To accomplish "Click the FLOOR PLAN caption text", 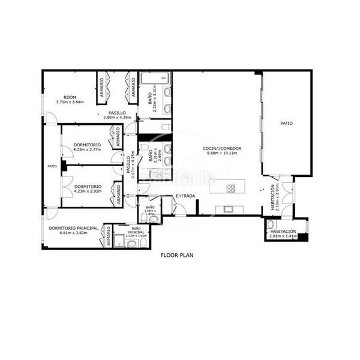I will (176, 255).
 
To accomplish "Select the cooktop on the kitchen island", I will (231, 188).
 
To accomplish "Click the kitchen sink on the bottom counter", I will (228, 209).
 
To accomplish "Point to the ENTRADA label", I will (185, 196).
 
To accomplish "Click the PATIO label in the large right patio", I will (287, 123).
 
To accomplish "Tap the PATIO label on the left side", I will (52, 166).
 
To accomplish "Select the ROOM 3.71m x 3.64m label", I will (70, 100).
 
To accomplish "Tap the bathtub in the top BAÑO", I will (155, 77).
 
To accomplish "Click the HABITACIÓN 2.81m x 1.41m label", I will (282, 233).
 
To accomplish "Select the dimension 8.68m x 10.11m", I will (223, 153).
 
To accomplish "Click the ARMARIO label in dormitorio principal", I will (108, 237).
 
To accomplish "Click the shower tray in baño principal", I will (120, 241).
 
